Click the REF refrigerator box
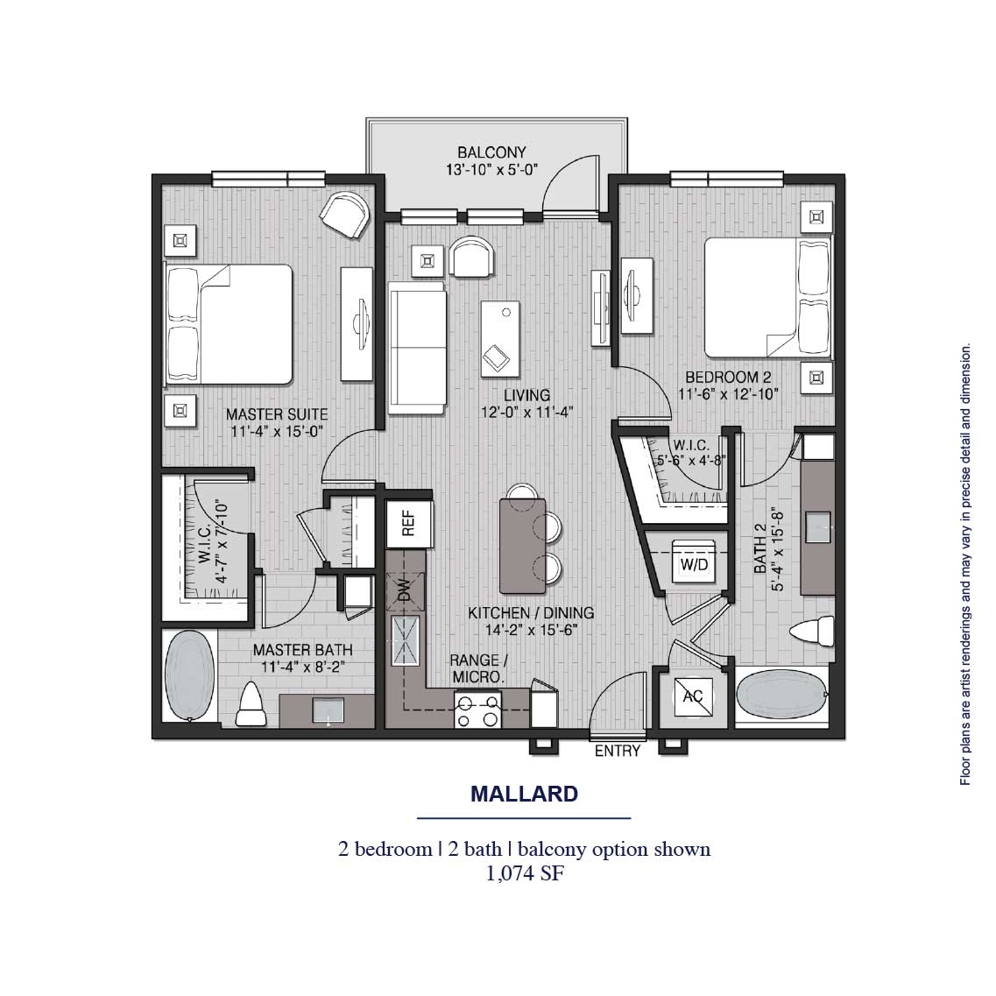click(x=408, y=524)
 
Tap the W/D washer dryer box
click(x=694, y=564)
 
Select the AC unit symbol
click(x=693, y=696)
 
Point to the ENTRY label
click(x=618, y=752)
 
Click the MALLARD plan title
click(x=524, y=795)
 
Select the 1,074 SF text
click(x=524, y=872)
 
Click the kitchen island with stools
click(x=523, y=545)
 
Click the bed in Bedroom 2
click(x=764, y=298)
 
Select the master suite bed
click(x=230, y=325)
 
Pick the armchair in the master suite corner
click(x=344, y=215)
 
